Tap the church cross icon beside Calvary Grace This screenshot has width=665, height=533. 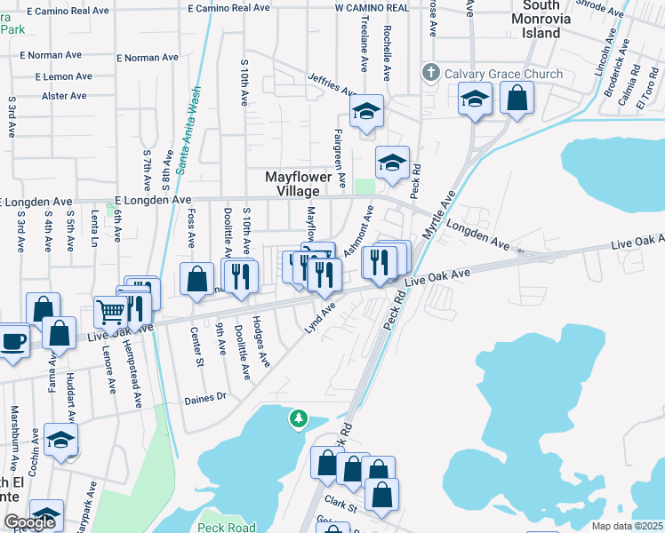click(430, 73)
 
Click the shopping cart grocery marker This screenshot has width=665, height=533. click(110, 312)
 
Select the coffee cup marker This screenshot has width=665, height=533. click(12, 341)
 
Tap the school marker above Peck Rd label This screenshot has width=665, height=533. click(391, 163)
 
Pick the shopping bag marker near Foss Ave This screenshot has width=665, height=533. click(196, 279)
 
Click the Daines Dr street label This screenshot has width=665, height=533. click(206, 397)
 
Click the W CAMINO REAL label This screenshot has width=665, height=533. click(373, 7)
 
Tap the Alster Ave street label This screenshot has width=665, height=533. click(64, 96)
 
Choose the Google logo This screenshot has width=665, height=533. click(29, 522)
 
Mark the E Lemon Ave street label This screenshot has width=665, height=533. click(64, 77)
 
